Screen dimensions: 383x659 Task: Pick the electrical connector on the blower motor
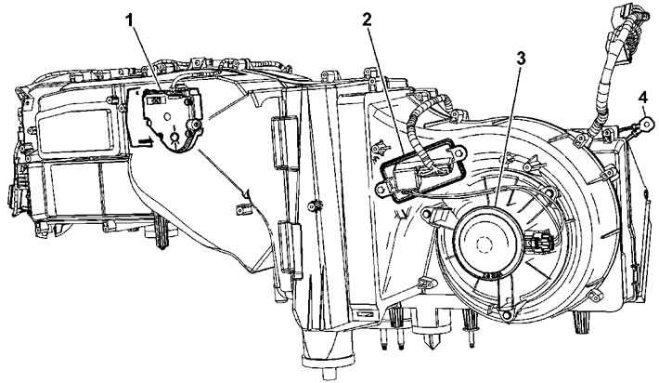[x=536, y=248]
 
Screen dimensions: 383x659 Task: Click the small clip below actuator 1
[x=245, y=194]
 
